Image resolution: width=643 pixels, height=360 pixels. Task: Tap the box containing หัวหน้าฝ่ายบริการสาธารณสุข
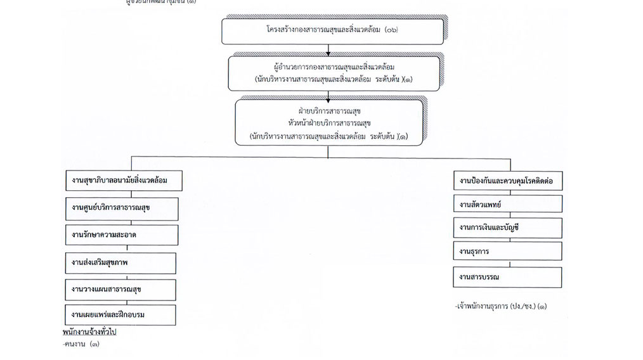328,122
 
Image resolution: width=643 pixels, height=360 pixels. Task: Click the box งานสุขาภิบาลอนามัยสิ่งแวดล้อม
121,181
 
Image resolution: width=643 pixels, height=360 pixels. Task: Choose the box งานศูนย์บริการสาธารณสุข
121,208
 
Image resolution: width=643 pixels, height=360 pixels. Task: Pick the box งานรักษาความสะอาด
121,235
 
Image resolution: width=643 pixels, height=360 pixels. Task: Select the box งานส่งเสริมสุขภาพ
121,262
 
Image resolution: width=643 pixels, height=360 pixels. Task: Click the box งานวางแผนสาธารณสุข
121,289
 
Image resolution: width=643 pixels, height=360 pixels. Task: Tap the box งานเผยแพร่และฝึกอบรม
121,314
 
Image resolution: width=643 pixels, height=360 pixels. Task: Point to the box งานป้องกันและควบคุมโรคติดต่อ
507,181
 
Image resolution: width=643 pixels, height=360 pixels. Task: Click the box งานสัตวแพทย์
507,204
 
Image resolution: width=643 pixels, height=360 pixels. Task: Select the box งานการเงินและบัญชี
507,228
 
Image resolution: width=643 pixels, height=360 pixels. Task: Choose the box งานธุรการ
507,252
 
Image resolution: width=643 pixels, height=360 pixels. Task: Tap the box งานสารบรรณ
507,277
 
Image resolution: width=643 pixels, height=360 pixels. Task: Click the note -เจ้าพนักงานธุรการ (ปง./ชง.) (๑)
501,307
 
